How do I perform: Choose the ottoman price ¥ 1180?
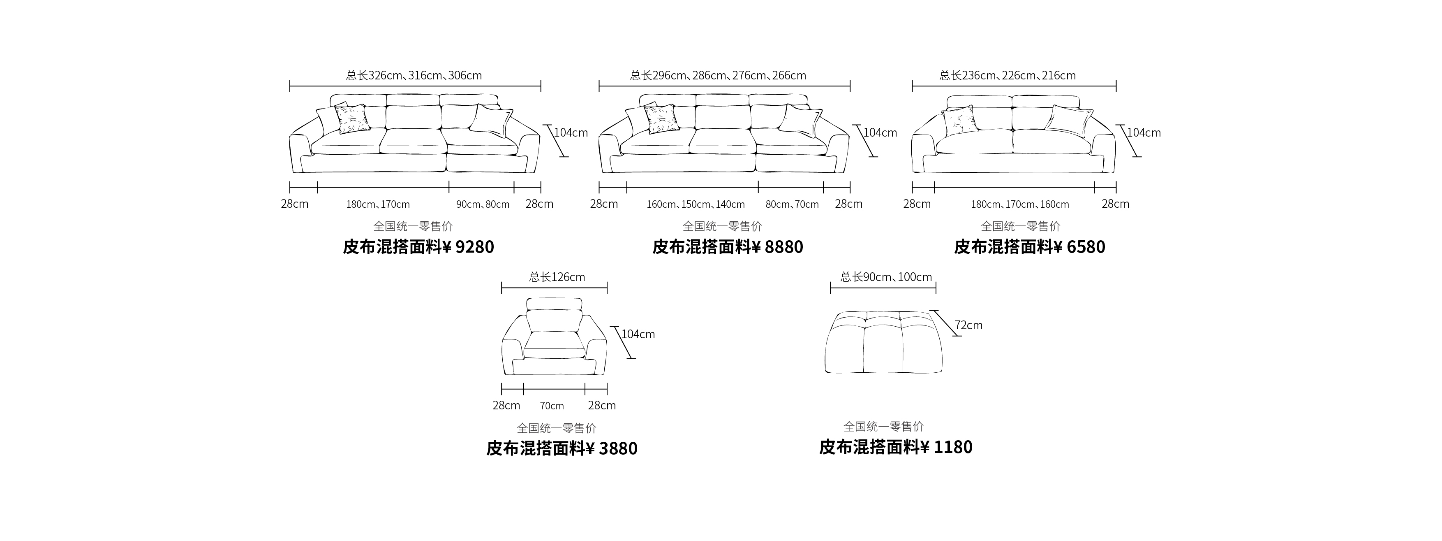point(947,447)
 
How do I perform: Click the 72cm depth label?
point(968,325)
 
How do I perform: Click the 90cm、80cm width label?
point(483,204)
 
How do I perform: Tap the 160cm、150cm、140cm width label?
point(696,204)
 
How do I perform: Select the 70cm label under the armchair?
point(552,406)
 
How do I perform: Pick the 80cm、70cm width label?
point(792,204)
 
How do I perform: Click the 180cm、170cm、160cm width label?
point(1020,204)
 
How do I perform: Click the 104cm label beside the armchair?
point(638,334)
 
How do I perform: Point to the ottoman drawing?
point(884,342)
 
